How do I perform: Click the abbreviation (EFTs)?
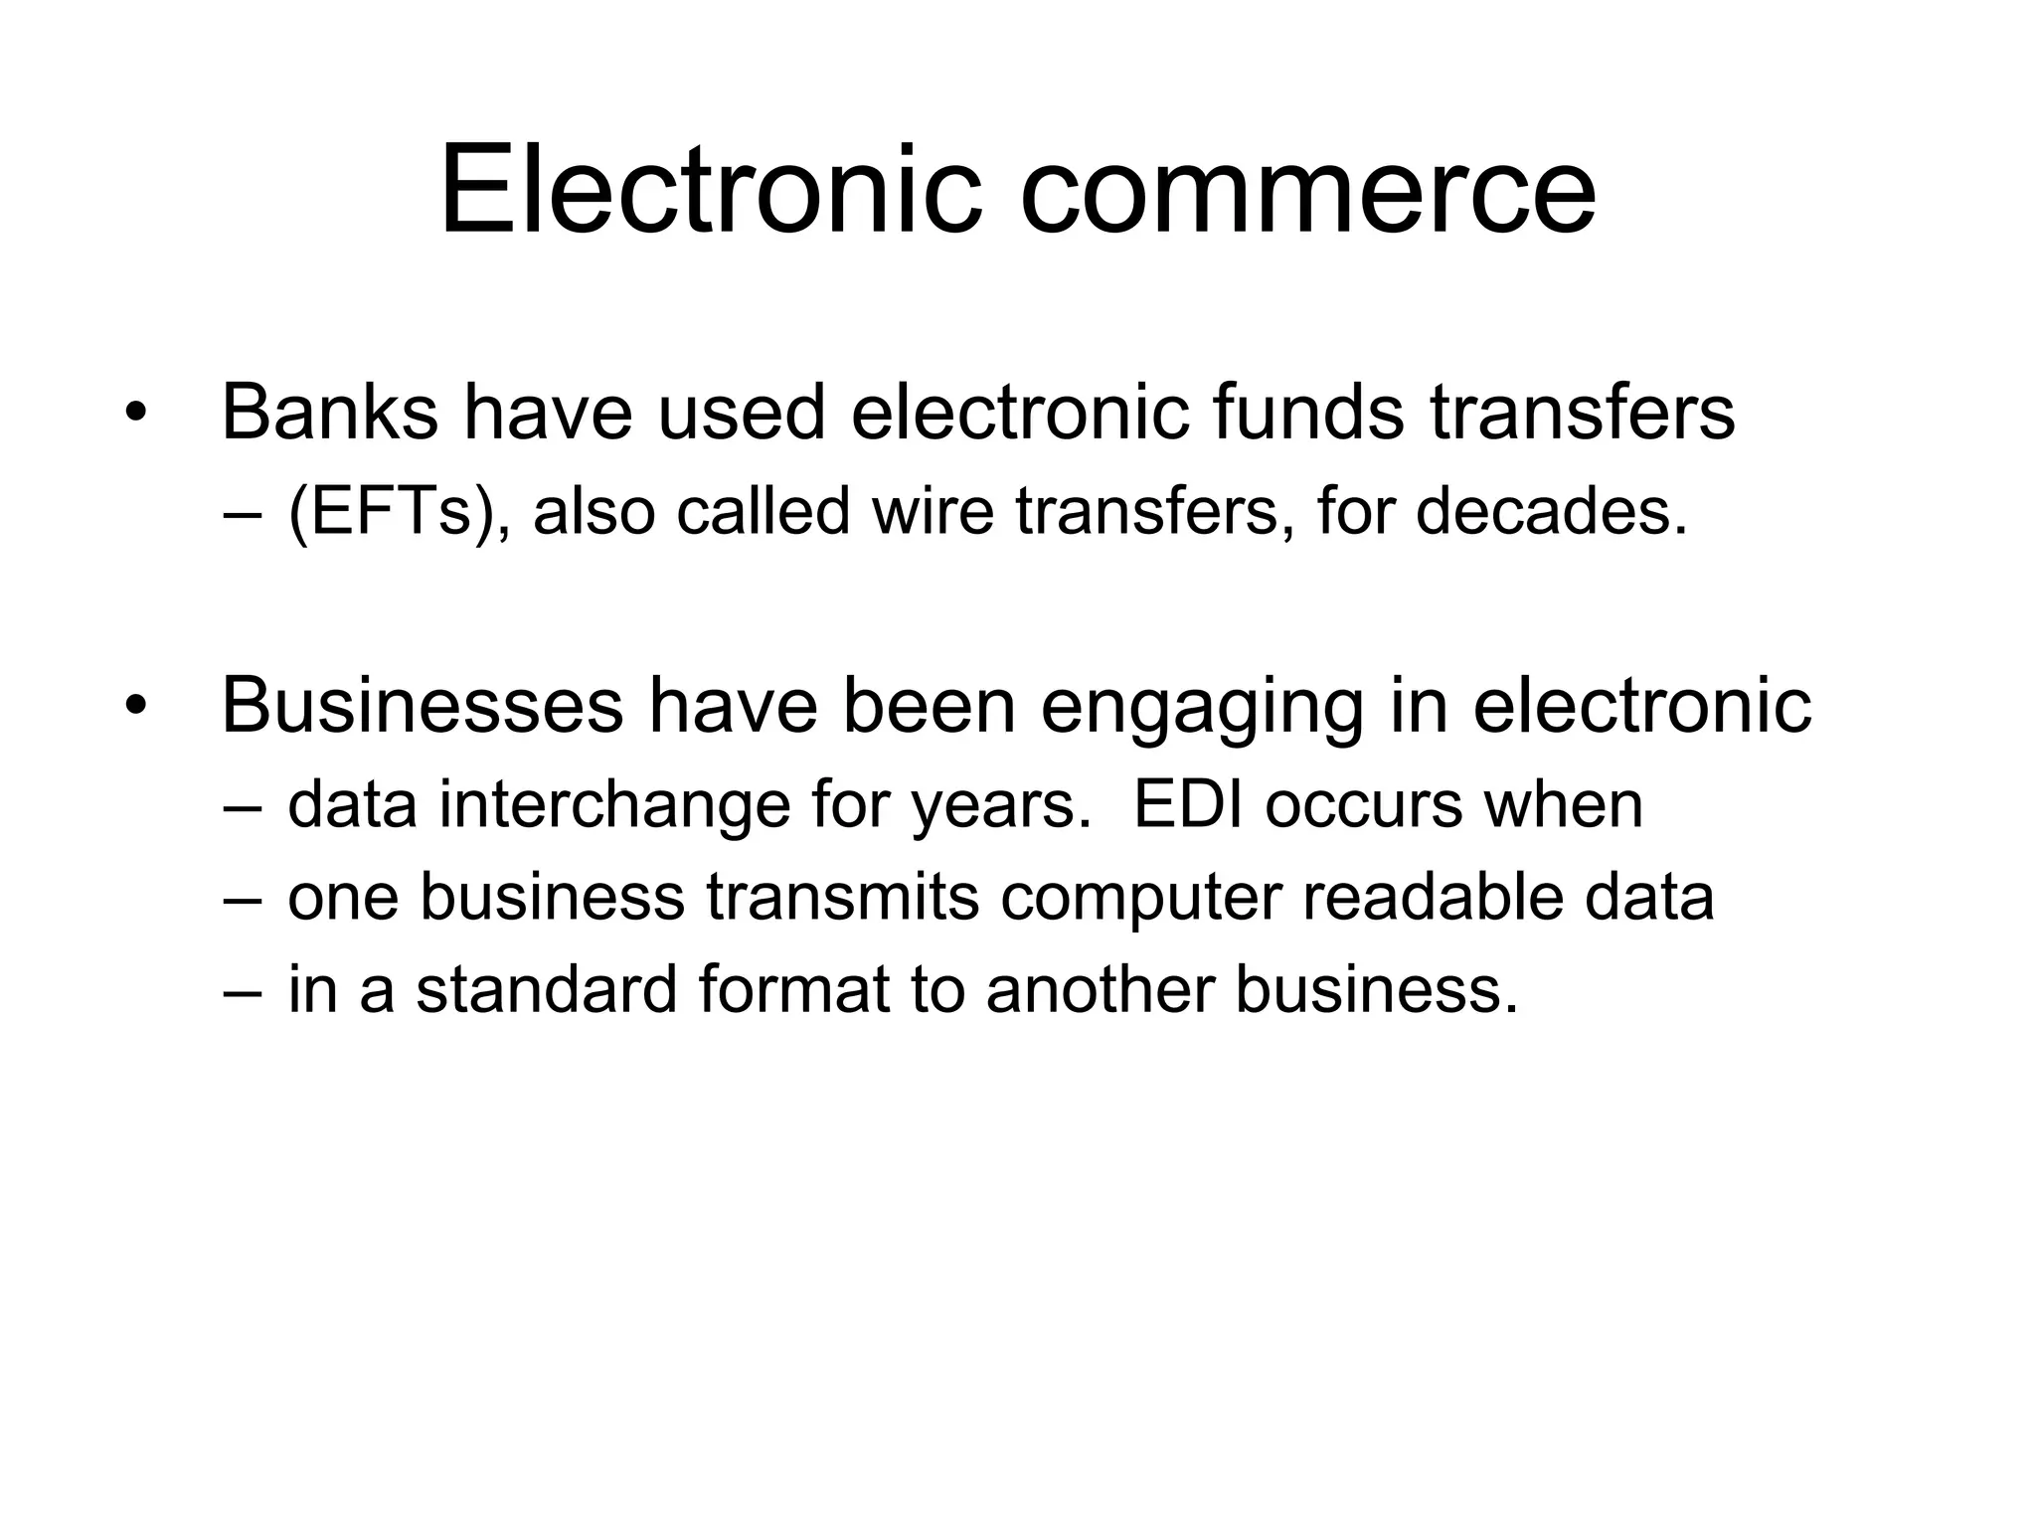(393, 513)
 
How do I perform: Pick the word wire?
(933, 512)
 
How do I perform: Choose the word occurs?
(1363, 805)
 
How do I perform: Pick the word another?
(1100, 990)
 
